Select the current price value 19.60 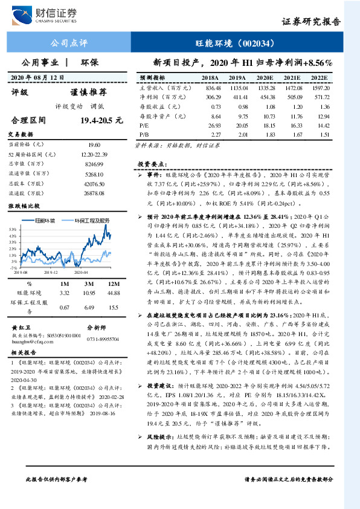[94, 144]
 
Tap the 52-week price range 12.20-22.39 [94, 155]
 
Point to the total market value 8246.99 [94, 166]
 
